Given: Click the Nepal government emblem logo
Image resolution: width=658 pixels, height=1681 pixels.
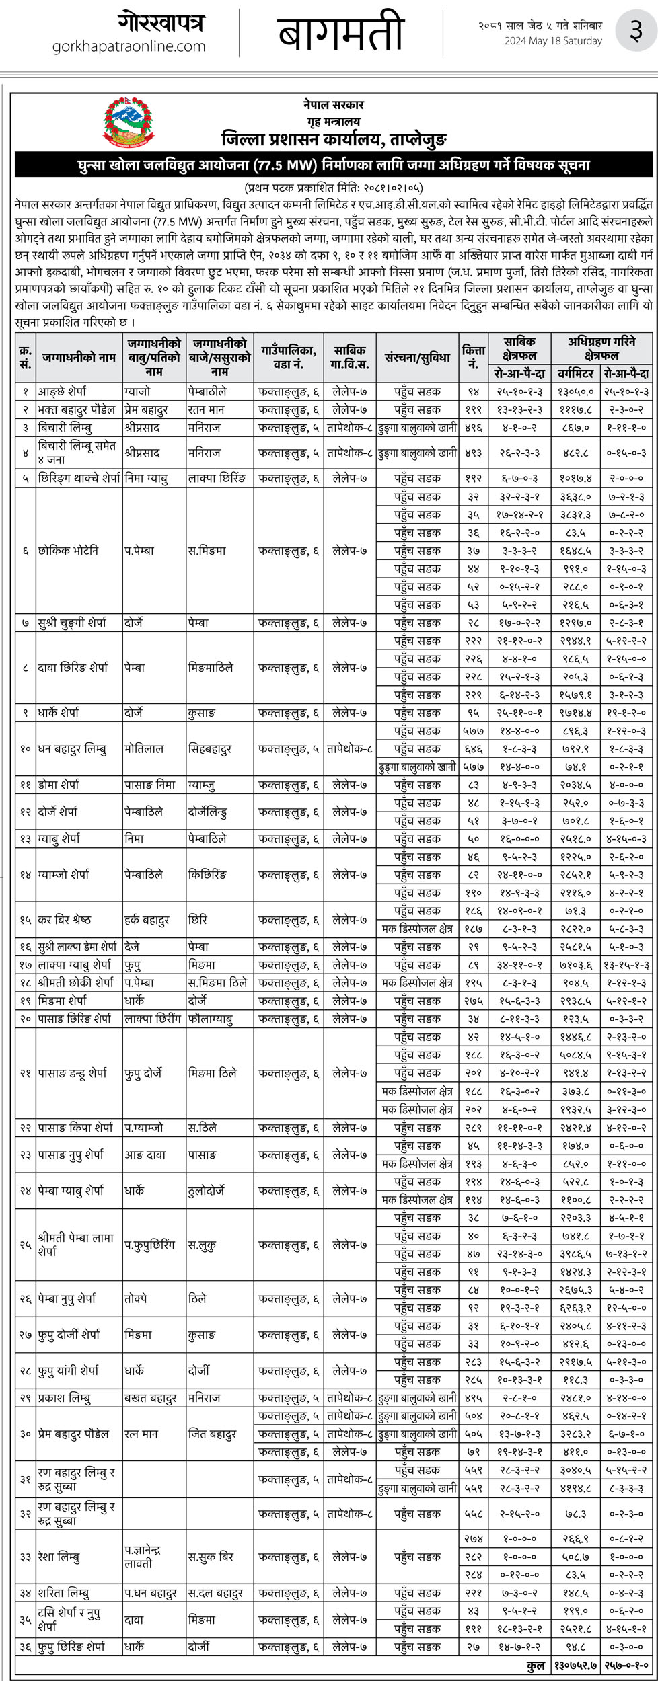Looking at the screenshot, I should point(129,122).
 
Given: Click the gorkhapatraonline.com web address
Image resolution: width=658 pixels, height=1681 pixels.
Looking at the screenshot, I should point(129,46).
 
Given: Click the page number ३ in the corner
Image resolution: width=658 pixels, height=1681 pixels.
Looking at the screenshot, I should point(634,33).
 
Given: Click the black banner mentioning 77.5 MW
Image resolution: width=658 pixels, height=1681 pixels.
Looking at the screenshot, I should point(334,165).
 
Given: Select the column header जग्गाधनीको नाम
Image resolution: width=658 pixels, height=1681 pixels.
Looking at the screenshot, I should point(79,358).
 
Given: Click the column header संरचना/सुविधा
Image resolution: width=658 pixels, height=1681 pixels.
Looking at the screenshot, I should point(417,358).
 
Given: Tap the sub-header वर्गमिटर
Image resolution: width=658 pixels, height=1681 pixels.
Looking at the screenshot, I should point(575,373).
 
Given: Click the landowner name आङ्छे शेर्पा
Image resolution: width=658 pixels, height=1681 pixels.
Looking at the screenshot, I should point(63,391).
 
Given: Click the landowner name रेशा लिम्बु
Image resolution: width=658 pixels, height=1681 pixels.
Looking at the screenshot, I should point(59,1557).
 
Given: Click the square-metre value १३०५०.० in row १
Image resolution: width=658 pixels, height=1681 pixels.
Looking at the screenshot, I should point(575,391).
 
